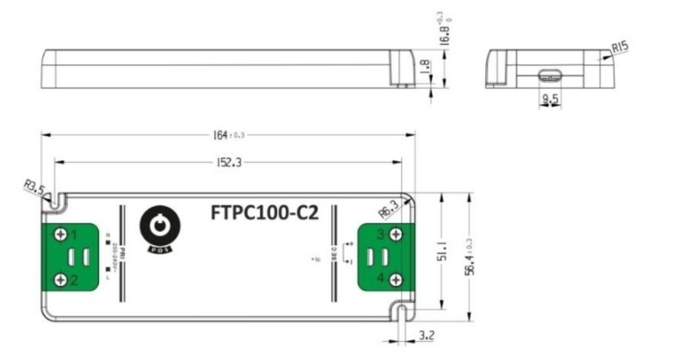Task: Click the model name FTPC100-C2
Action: pos(265,212)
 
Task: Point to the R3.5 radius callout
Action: pos(34,188)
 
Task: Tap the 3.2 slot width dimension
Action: pos(425,335)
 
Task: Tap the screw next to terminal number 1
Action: pos(61,233)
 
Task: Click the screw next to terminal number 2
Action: pos(61,280)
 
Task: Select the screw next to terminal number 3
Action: pos(396,233)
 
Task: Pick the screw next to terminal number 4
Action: pos(396,280)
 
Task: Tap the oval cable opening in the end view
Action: pos(550,75)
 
